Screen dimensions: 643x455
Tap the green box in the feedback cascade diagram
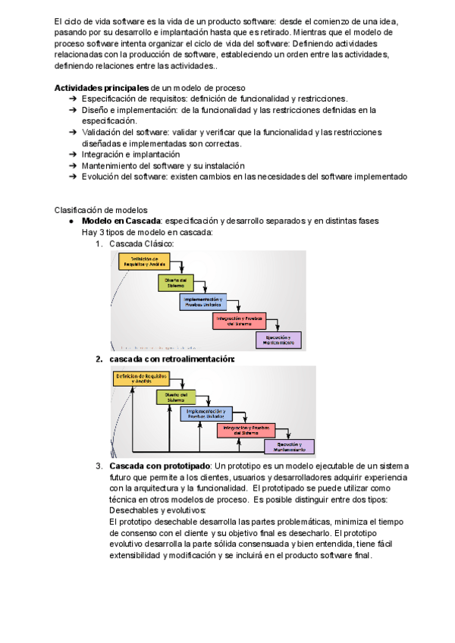[176, 397]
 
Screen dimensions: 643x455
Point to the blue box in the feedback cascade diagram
[206, 414]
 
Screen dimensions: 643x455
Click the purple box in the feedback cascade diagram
[289, 446]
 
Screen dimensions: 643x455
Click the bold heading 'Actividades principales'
[102, 89]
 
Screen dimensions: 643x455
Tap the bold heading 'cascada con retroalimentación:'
[172, 359]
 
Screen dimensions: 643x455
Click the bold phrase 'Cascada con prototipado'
[159, 465]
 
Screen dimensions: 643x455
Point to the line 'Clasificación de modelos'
[101, 210]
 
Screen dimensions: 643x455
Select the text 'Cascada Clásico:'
[142, 243]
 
